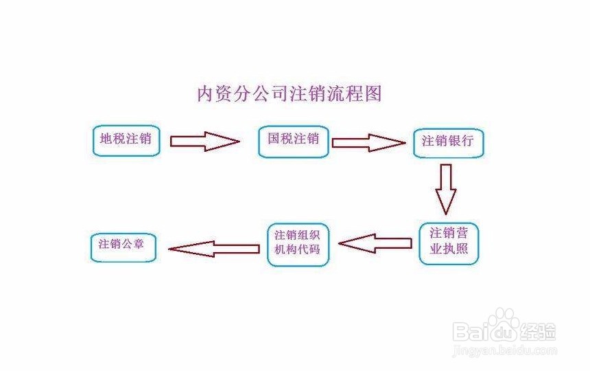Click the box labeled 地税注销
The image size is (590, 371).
point(126,140)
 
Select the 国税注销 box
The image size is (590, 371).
point(293,140)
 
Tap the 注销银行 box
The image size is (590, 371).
point(447,142)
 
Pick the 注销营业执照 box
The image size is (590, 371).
point(449,241)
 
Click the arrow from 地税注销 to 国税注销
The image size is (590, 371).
point(204,142)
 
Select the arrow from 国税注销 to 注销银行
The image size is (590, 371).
point(368,142)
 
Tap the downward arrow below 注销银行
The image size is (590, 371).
point(447,188)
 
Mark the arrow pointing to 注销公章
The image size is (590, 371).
point(213,247)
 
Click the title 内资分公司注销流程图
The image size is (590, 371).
point(289,93)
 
